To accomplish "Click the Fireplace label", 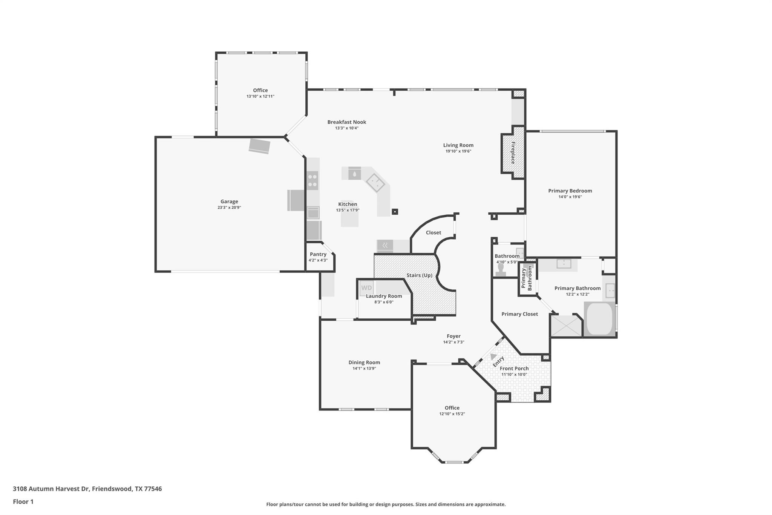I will pyautogui.click(x=513, y=152).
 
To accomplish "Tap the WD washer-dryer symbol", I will pyautogui.click(x=366, y=288).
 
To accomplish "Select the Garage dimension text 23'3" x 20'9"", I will pyautogui.click(x=229, y=208).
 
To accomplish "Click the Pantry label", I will pyautogui.click(x=318, y=254).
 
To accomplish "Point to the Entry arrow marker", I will pyautogui.click(x=493, y=357).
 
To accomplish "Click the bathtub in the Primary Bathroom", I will pyautogui.click(x=599, y=319).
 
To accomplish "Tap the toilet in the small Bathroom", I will pyautogui.click(x=501, y=270).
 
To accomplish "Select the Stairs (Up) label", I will pyautogui.click(x=419, y=275).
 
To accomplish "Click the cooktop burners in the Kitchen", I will pyautogui.click(x=312, y=180).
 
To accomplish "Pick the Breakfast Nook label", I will pyautogui.click(x=346, y=122).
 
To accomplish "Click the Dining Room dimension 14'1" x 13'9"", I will pyautogui.click(x=364, y=369).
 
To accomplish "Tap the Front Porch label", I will pyautogui.click(x=514, y=368).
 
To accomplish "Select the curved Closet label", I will pyautogui.click(x=433, y=232).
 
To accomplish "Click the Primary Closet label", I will pyautogui.click(x=519, y=314).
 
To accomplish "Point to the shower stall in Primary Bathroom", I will pyautogui.click(x=566, y=326).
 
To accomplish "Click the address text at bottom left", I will pyautogui.click(x=87, y=489).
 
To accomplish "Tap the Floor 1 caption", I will pyautogui.click(x=23, y=501).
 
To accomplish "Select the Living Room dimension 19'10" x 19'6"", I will pyautogui.click(x=458, y=151).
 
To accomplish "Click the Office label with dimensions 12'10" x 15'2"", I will pyautogui.click(x=452, y=408).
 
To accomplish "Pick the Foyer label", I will pyautogui.click(x=453, y=336).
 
